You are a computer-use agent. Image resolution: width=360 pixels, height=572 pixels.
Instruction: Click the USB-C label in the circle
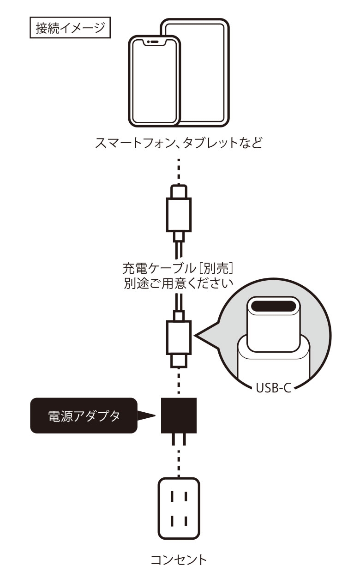tap(272, 387)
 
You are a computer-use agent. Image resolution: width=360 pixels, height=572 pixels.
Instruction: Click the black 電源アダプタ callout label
tap(84, 415)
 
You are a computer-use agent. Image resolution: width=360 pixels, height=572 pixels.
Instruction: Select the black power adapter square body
tap(179, 415)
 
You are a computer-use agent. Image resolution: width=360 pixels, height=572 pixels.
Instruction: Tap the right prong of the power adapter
tap(185, 440)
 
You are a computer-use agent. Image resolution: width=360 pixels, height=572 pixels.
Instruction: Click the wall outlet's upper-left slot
tap(172, 497)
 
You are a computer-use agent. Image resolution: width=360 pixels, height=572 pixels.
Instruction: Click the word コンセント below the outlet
tap(179, 560)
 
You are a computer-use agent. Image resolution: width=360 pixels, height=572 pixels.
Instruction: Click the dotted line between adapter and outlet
tap(179, 459)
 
